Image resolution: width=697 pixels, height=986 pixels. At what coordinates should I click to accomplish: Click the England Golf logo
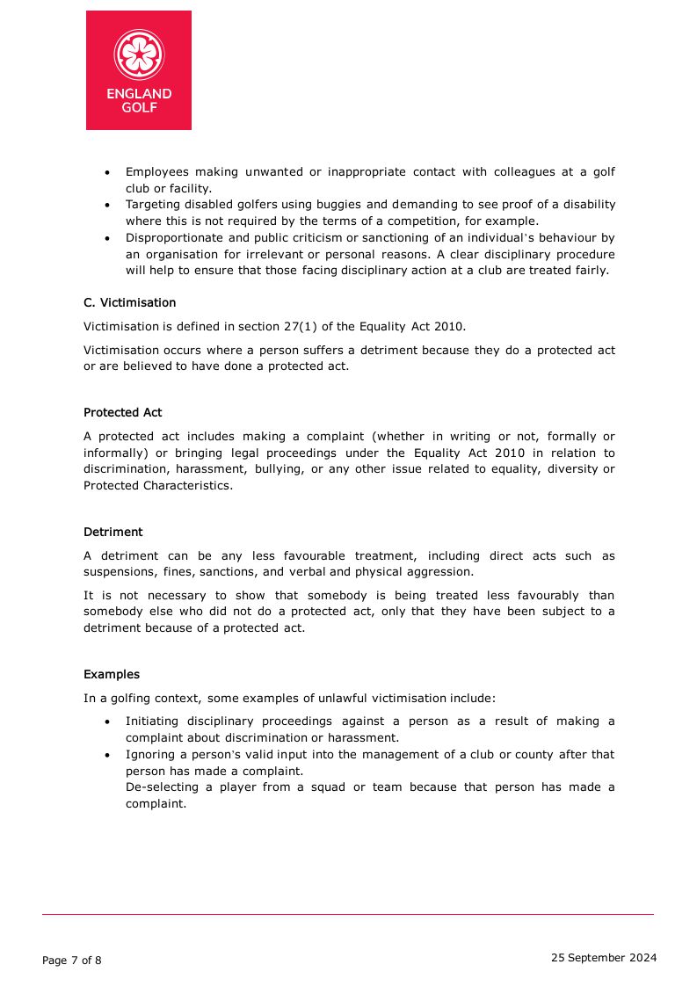[x=139, y=70]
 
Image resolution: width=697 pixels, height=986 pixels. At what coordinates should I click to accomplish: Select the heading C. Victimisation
[x=129, y=302]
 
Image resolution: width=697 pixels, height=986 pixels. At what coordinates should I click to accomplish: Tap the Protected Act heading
[x=122, y=412]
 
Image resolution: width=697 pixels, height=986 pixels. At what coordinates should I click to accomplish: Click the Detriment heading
[x=113, y=532]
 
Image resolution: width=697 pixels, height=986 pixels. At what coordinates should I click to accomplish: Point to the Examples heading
[x=112, y=674]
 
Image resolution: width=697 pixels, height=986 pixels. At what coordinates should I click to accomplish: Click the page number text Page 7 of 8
[x=72, y=961]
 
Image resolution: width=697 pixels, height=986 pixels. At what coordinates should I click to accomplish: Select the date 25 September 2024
[x=603, y=958]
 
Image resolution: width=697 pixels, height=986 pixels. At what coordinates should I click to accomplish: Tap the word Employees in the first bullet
[x=156, y=171]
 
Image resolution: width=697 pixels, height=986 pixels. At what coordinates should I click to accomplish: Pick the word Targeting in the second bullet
[x=152, y=204]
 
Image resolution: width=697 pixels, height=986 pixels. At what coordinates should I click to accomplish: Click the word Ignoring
[x=150, y=754]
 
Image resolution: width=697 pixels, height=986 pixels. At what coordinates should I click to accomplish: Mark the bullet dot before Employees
[x=107, y=172]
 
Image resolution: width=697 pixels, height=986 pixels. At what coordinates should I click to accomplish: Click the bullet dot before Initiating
[x=107, y=721]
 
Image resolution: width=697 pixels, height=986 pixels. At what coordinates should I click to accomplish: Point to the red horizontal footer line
[x=348, y=914]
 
